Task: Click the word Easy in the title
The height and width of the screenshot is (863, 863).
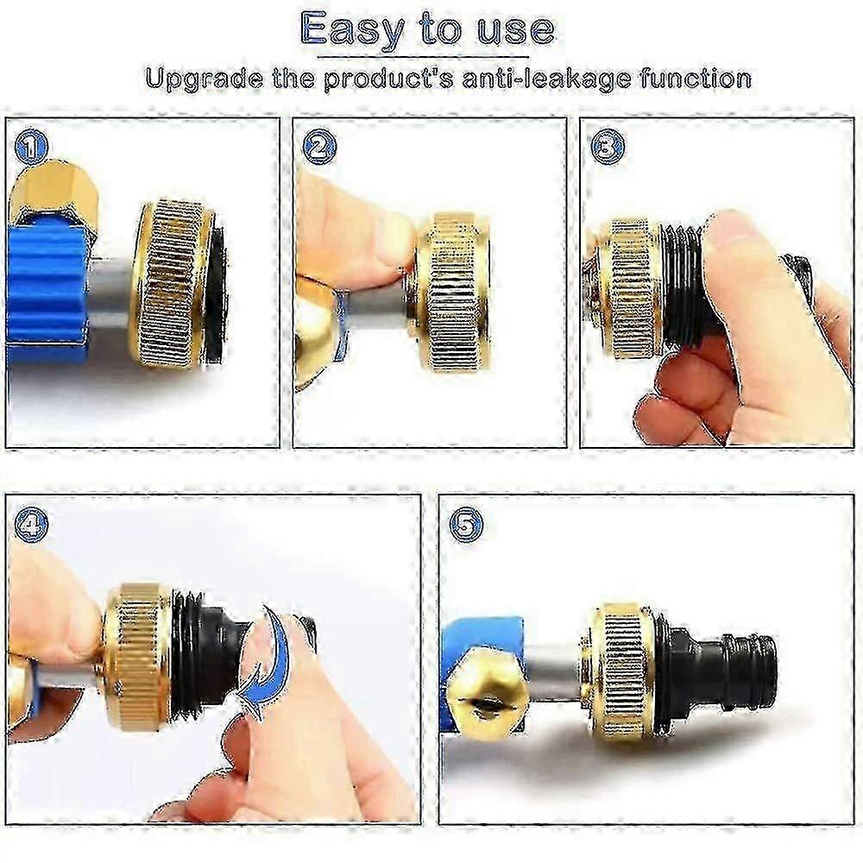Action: [354, 30]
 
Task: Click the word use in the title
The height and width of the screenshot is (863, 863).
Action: [515, 30]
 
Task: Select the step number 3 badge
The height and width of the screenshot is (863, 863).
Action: [607, 148]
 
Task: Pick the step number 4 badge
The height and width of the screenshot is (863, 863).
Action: [31, 525]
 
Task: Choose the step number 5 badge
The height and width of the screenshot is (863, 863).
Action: [466, 525]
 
